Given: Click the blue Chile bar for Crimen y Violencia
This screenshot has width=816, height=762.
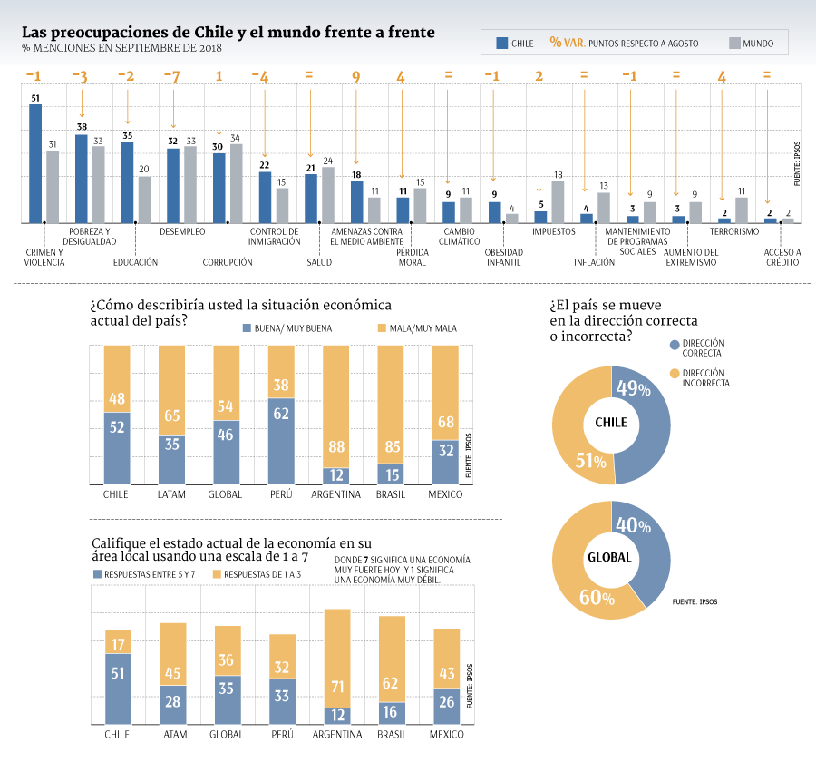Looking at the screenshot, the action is (x=35, y=163).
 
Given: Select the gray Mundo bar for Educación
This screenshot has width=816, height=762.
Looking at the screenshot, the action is (x=144, y=200).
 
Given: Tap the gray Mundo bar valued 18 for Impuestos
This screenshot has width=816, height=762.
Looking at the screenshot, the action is (x=558, y=202).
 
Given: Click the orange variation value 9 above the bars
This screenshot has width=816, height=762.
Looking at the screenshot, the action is (x=356, y=77).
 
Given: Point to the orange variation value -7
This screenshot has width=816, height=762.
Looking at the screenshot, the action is (x=172, y=77).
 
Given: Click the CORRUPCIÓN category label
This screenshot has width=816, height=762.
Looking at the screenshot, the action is (x=228, y=262).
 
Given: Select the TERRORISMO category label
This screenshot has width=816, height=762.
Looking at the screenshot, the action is (x=734, y=231).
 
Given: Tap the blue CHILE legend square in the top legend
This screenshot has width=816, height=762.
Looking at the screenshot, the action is (x=502, y=43).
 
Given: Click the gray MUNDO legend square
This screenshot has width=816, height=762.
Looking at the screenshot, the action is (x=734, y=43).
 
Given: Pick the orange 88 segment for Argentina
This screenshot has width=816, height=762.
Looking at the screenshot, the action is (x=335, y=406).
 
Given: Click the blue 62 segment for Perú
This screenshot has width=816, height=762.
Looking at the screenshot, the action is (x=281, y=441).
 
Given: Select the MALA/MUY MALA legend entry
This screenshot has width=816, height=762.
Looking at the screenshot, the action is (x=417, y=328).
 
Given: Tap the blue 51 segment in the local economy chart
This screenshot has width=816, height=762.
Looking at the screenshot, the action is (x=118, y=689).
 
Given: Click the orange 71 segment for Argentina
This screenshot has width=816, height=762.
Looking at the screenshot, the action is (x=337, y=659).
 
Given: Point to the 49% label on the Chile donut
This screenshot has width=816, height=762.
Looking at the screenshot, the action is (x=634, y=388).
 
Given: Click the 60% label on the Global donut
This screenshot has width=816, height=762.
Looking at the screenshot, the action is (x=597, y=598).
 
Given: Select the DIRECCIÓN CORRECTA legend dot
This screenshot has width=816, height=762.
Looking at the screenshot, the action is (x=675, y=345).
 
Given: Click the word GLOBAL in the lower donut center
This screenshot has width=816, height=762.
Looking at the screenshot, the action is (x=609, y=557).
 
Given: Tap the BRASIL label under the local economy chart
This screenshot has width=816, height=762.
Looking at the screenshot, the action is (x=392, y=735).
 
